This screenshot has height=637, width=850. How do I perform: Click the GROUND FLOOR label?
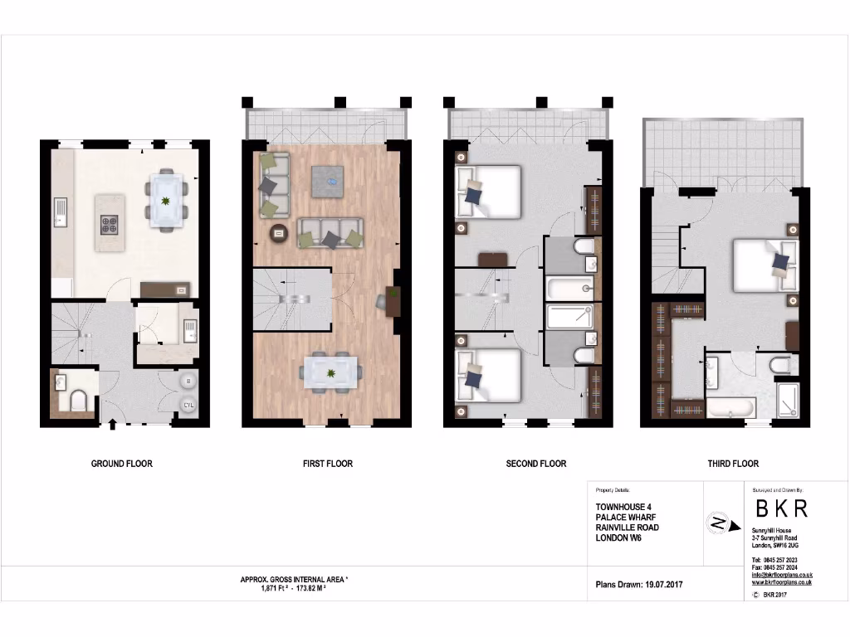(x=121, y=464)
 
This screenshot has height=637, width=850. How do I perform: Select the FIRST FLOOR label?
(x=327, y=464)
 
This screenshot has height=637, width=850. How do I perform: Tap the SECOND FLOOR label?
(x=535, y=464)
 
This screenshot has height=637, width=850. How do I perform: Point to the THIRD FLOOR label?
(x=733, y=464)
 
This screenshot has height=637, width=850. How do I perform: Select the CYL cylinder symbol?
(x=188, y=404)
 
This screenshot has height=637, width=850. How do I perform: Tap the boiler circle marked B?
(x=188, y=382)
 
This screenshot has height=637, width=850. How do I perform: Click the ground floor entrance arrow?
(x=113, y=425)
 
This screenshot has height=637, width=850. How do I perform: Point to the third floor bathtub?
(x=730, y=408)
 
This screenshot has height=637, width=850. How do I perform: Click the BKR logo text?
(x=779, y=508)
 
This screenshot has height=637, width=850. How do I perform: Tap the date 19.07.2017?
(x=662, y=585)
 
